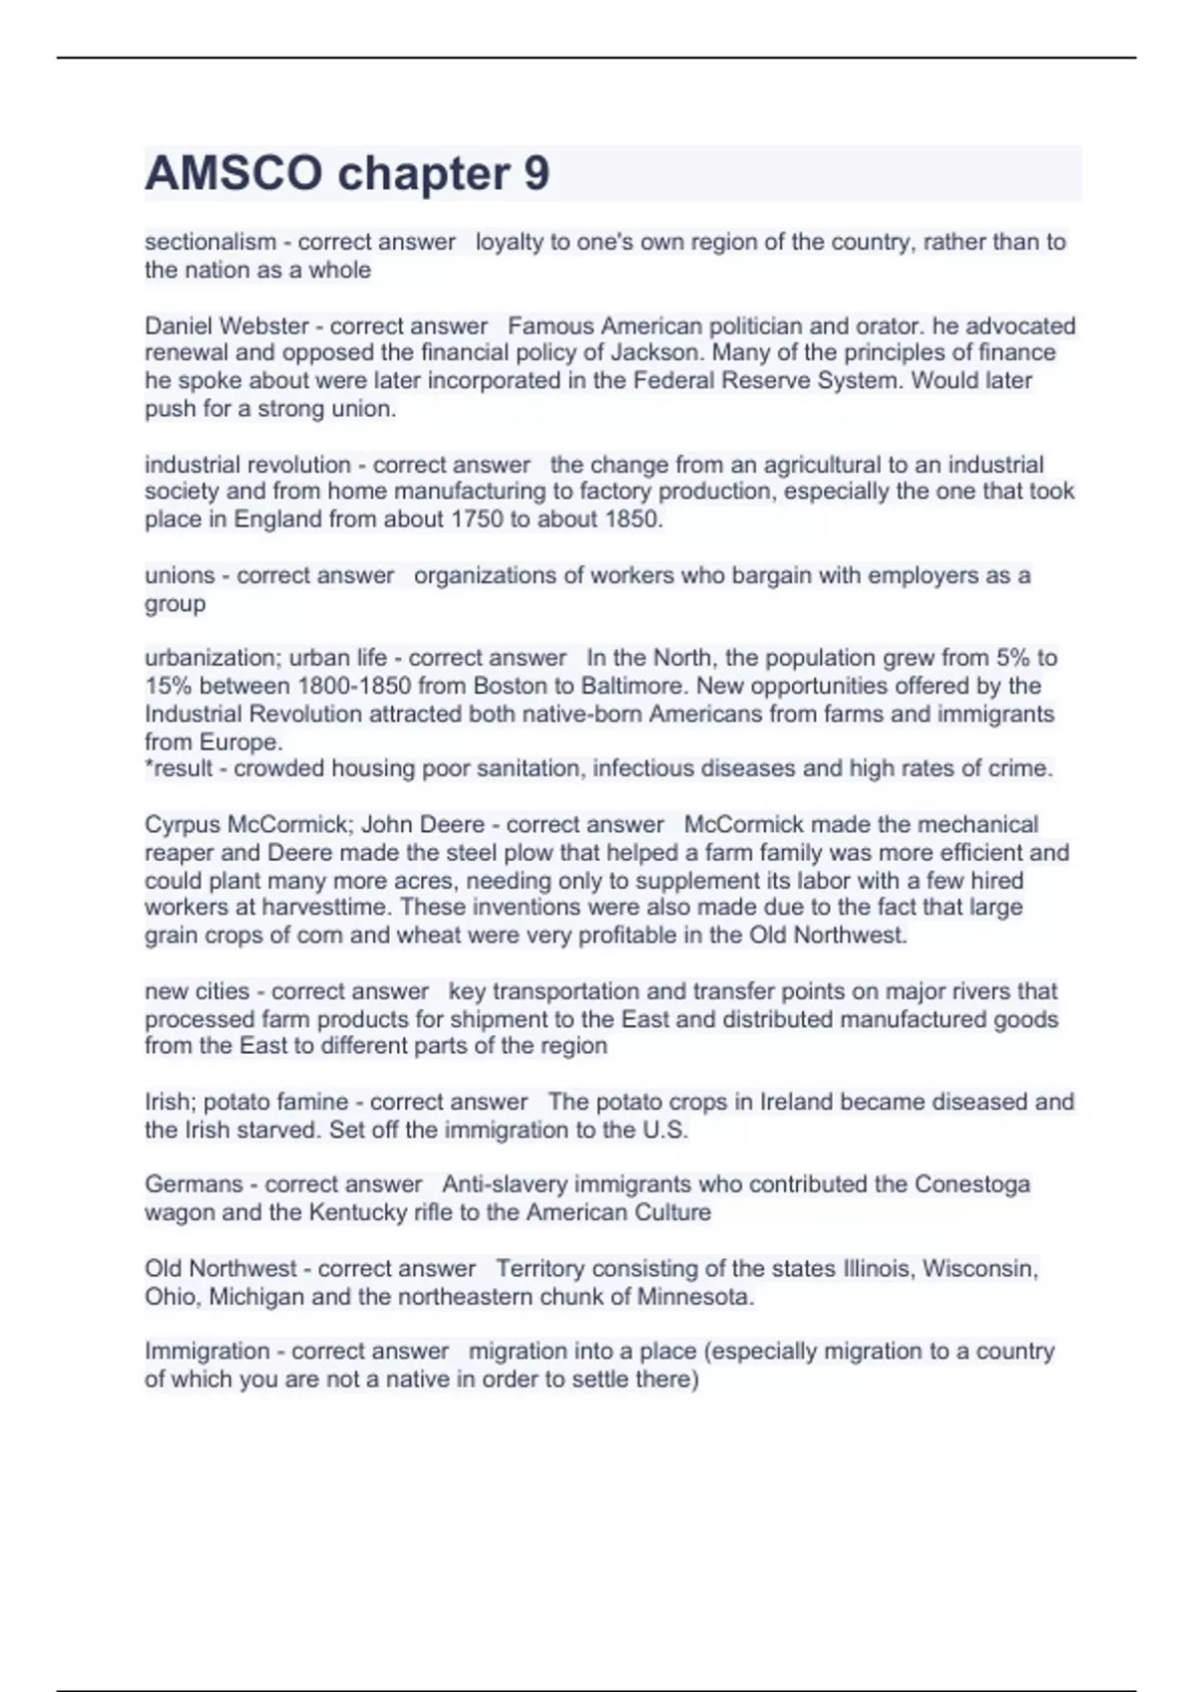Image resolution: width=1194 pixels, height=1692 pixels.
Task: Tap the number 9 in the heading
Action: click(536, 173)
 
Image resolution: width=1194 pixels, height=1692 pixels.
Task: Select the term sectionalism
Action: click(210, 242)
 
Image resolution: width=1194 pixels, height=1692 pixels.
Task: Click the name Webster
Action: click(264, 326)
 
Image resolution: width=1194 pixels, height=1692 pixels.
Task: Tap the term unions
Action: click(179, 575)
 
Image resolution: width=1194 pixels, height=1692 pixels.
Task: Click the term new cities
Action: click(197, 991)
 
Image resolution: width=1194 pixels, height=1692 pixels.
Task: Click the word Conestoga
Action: click(972, 1184)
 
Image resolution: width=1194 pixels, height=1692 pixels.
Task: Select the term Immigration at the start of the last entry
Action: click(207, 1352)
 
